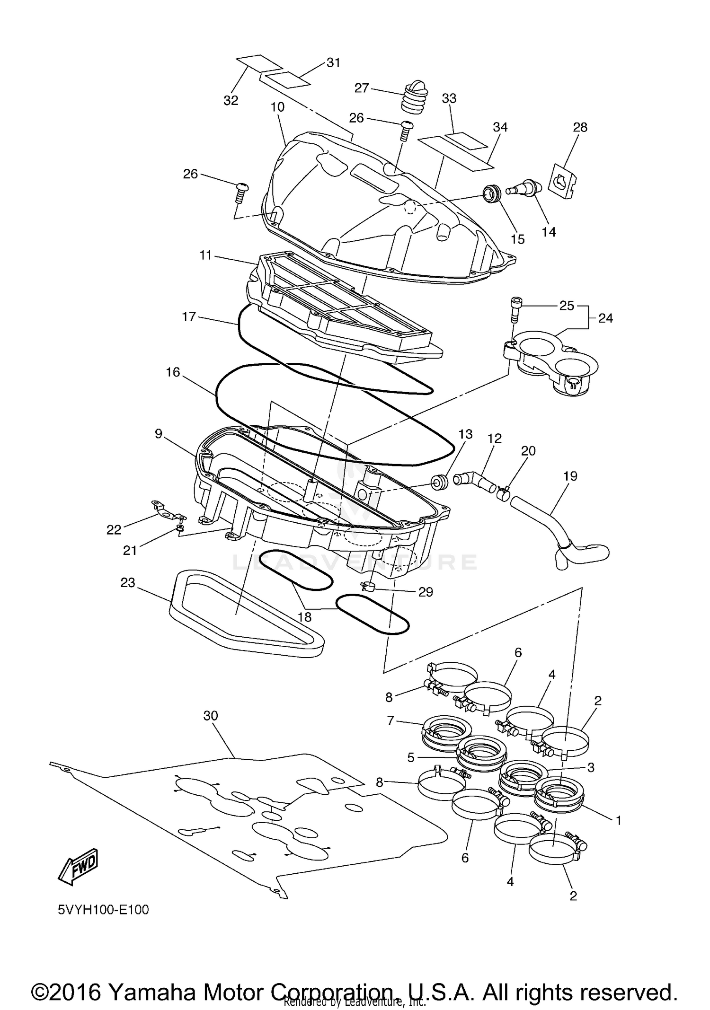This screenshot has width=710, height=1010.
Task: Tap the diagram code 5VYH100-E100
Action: coord(103,910)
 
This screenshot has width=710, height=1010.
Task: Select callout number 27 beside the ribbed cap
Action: coord(362,88)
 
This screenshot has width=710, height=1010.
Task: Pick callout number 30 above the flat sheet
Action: coord(211,716)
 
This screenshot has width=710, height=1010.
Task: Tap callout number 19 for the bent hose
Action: coord(570,476)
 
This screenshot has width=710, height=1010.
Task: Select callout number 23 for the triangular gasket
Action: coord(128,582)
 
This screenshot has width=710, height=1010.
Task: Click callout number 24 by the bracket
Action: coord(605,318)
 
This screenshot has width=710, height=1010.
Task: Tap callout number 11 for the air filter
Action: coord(205,255)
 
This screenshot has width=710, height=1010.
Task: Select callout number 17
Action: coord(189,316)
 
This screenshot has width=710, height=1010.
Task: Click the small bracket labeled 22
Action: coord(166,511)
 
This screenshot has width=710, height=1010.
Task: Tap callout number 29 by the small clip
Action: coord(426,592)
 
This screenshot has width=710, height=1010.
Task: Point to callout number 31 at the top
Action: coord(333,62)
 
